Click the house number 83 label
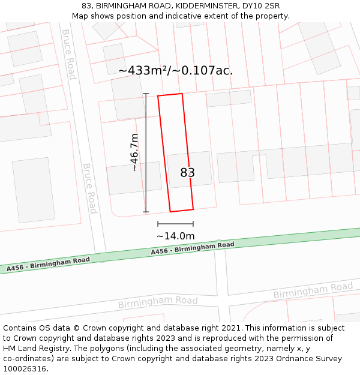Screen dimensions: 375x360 187,173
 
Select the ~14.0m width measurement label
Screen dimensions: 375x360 175,236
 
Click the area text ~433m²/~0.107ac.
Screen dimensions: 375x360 175,71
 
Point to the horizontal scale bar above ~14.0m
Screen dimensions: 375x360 175,224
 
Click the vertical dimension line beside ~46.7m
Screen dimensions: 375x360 146,152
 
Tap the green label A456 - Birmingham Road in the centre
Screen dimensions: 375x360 192,248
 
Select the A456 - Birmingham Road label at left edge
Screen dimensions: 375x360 48,264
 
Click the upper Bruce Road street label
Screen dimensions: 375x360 69,54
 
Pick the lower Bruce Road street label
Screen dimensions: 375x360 89,188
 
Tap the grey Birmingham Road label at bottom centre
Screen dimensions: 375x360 158,302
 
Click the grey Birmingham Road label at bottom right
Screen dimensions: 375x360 313,290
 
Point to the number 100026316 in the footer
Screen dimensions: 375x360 26,369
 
